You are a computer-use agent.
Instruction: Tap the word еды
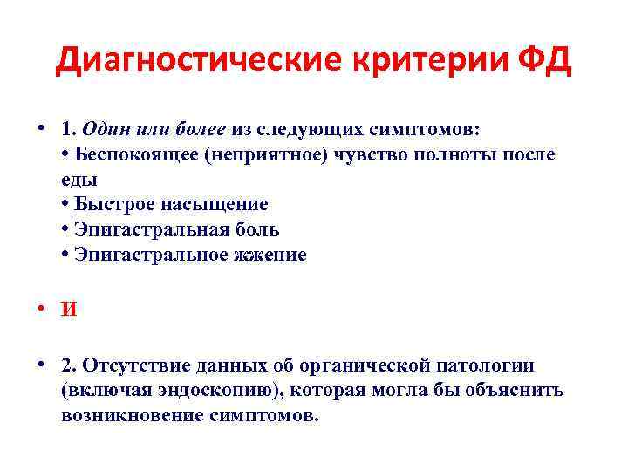tap(78, 180)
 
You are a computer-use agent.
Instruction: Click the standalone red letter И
tap(69, 310)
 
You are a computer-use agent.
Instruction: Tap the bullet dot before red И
tap(42, 310)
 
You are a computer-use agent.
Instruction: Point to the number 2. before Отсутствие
tap(70, 365)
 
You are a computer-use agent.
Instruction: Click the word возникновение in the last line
tap(132, 415)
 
